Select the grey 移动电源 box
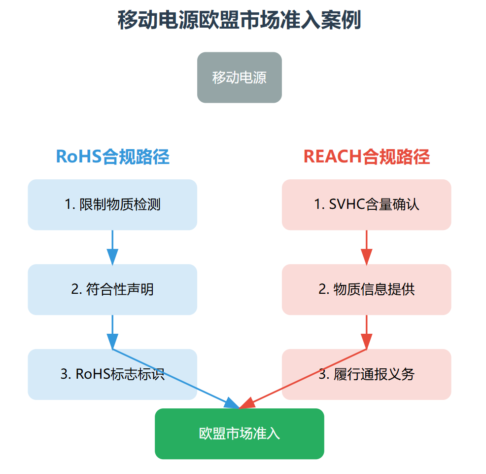coord(239,78)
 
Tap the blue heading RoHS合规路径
coord(112,157)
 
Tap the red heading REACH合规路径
coord(366,157)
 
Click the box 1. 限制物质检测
coord(112,204)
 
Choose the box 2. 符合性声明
coord(112,289)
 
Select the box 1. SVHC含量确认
coord(366,204)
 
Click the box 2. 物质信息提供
coord(366,289)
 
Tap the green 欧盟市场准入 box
coord(239,434)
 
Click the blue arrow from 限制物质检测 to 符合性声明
coord(112,247)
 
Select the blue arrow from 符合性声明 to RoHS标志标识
coord(112,332)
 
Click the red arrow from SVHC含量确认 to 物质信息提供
coord(366,247)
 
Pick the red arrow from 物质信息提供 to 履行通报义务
coord(366,332)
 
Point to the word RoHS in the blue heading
coord(78,157)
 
